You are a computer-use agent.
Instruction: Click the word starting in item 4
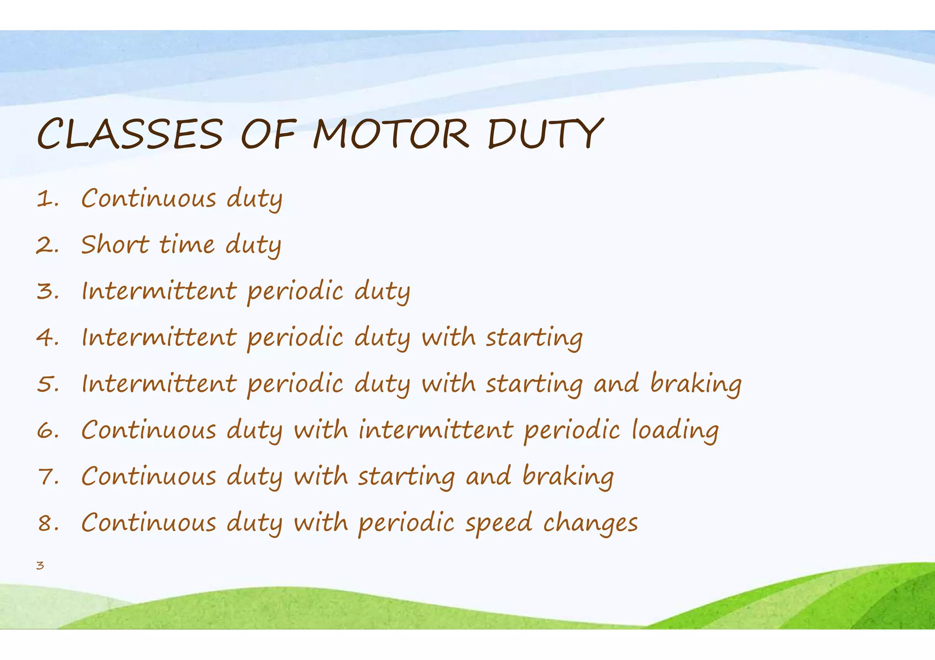(534, 338)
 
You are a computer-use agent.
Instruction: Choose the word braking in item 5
(696, 384)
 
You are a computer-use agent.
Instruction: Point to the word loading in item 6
(675, 431)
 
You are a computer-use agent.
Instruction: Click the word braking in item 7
(568, 477)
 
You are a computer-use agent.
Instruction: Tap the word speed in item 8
(499, 524)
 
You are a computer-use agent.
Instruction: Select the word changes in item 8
(590, 524)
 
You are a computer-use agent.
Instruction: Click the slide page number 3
(40, 566)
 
